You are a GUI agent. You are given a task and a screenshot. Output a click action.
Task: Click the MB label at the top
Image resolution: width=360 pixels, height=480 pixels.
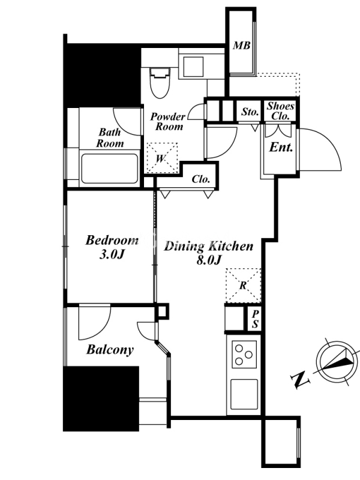point(242,46)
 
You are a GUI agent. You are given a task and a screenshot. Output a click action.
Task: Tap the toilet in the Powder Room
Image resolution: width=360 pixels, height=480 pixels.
point(160,83)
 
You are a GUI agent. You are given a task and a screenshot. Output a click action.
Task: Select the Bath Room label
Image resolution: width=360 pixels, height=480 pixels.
point(110,137)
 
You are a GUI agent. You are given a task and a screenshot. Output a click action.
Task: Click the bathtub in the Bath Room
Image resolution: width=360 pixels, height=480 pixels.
point(109,169)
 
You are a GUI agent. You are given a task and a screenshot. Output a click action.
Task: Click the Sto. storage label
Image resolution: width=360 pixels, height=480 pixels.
point(250,112)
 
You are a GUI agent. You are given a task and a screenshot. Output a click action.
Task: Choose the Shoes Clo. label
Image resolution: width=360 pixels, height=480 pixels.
point(280,111)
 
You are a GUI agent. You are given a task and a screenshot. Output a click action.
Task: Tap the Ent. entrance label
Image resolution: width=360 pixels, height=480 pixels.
point(281,147)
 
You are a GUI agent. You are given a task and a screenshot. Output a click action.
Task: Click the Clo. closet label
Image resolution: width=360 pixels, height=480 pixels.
point(201,179)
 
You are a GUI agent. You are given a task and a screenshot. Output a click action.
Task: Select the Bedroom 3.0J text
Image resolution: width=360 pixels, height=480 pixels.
point(112,247)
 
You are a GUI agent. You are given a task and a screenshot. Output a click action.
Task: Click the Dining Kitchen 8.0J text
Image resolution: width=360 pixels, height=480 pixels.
point(209,253)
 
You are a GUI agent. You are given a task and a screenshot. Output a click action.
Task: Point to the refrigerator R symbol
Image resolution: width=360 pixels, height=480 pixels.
point(243,286)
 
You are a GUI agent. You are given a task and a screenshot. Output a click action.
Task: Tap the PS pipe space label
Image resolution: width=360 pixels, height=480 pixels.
point(256,319)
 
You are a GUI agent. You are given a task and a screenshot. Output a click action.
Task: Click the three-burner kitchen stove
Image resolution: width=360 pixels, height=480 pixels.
point(244,355)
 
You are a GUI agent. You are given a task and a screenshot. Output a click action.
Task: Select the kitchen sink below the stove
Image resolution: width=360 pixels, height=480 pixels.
point(244,394)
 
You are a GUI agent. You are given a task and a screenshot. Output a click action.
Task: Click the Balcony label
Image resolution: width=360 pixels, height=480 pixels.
point(110,350)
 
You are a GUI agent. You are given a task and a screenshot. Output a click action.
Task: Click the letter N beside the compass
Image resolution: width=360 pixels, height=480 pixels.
point(299,380)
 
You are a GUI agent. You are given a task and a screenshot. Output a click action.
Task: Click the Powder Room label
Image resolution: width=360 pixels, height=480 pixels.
point(168,122)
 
